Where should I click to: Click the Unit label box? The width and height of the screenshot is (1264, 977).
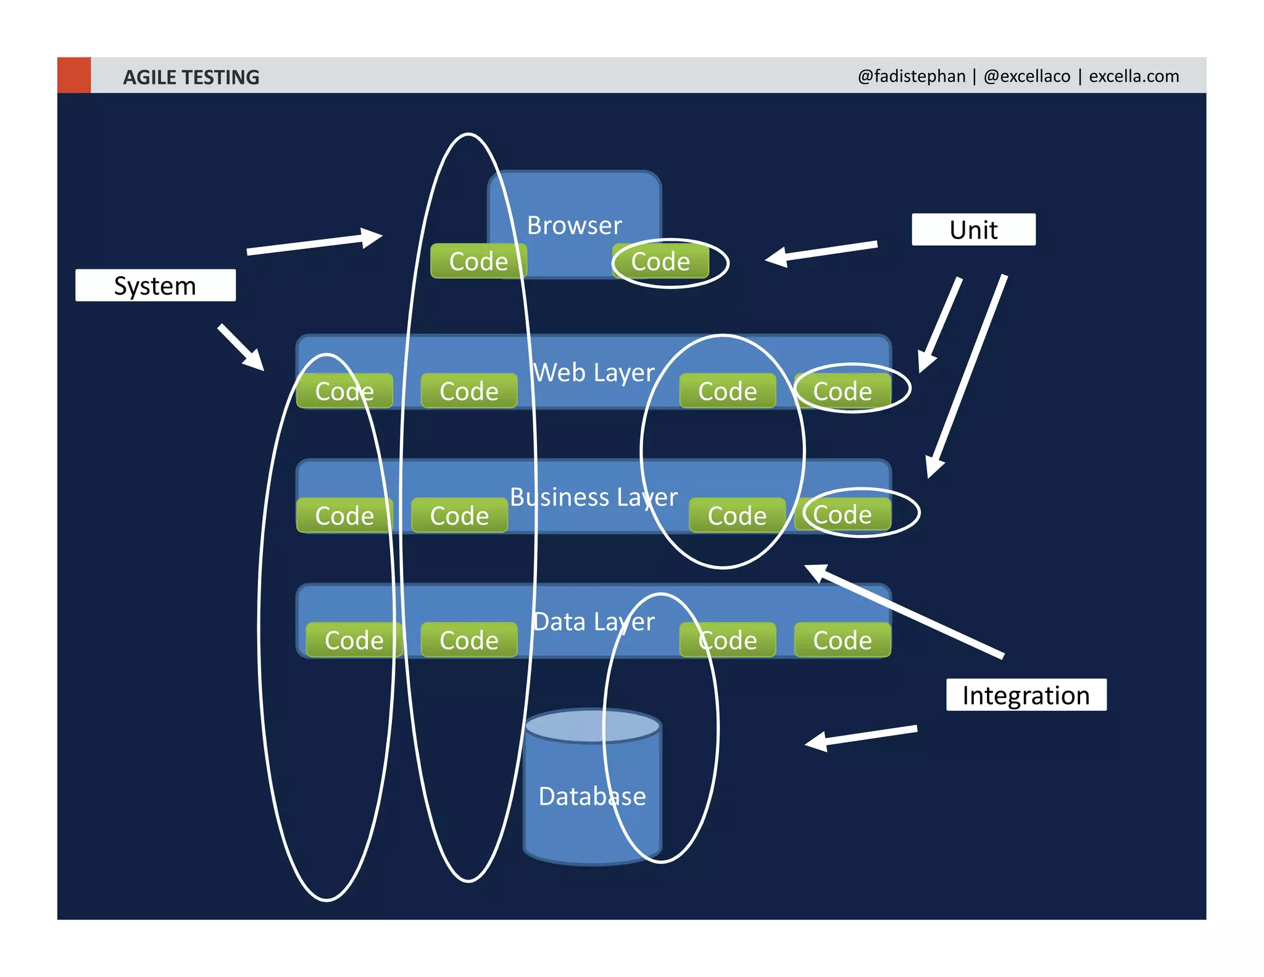(973, 230)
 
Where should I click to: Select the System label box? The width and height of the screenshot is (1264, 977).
(155, 285)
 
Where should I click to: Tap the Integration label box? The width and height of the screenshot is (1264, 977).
(1026, 695)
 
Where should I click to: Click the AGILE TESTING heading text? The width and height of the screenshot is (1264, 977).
(191, 77)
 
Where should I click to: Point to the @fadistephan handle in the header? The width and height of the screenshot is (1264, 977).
(911, 76)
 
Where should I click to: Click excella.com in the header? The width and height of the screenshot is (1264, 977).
(1133, 76)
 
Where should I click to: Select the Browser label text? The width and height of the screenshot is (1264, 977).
(574, 225)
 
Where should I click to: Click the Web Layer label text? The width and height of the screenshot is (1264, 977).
(594, 372)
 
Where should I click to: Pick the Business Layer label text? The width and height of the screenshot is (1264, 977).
(594, 497)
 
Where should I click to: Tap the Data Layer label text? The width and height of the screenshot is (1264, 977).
(594, 622)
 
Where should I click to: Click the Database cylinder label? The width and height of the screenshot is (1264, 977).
(592, 796)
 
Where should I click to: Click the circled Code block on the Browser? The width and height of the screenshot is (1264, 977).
(660, 262)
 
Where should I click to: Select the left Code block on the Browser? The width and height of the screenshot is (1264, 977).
(478, 262)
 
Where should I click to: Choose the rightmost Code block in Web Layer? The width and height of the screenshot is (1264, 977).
(842, 391)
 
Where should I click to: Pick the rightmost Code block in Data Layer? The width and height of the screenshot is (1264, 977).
(842, 640)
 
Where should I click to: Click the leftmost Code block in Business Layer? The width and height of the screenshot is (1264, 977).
(344, 516)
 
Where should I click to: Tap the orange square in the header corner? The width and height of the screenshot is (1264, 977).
(74, 75)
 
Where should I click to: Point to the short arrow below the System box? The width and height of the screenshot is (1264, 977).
(241, 347)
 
